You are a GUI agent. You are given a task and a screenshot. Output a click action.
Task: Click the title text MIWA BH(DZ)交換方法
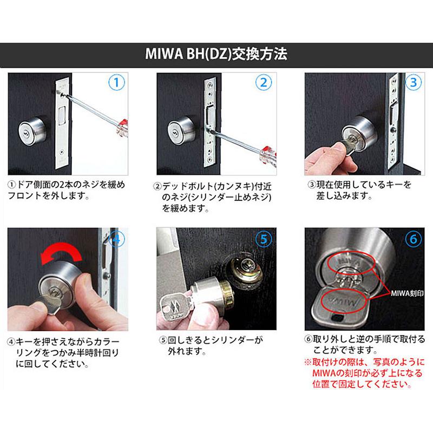click(x=216, y=55)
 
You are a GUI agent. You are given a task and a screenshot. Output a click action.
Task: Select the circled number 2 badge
click(x=264, y=83)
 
